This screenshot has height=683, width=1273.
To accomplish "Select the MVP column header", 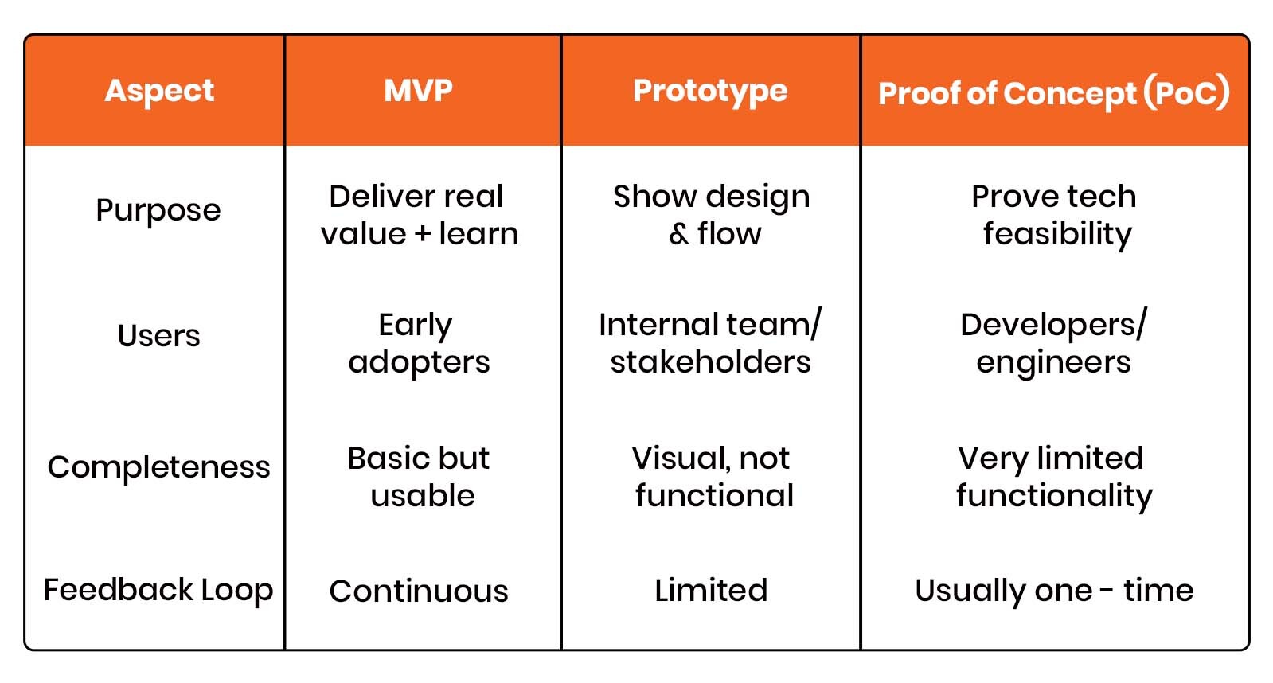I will (x=419, y=91).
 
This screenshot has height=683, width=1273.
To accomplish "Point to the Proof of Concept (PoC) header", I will (x=1054, y=93).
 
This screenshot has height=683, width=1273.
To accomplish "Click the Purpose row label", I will (x=158, y=211).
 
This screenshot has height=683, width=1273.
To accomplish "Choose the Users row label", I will (x=158, y=336).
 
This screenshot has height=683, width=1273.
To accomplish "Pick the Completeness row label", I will (x=158, y=467).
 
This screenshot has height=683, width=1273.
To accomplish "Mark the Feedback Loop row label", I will (x=158, y=591).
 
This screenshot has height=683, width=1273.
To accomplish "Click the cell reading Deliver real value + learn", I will (x=419, y=215).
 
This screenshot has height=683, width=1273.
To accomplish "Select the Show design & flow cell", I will (x=711, y=215).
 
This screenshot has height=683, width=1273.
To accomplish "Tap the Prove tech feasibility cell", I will (x=1054, y=215).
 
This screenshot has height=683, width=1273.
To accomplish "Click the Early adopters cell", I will (x=419, y=343).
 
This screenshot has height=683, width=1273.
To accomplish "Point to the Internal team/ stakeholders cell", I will (x=710, y=343).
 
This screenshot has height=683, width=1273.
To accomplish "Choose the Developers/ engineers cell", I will (x=1053, y=343).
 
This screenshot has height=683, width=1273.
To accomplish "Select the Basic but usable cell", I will (x=420, y=476).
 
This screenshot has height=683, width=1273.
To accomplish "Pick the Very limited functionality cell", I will (x=1053, y=476).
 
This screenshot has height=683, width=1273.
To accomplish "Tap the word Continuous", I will (x=419, y=591).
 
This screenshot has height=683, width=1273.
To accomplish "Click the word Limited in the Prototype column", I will (x=711, y=591).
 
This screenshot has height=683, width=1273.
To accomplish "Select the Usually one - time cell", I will (x=1054, y=591).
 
